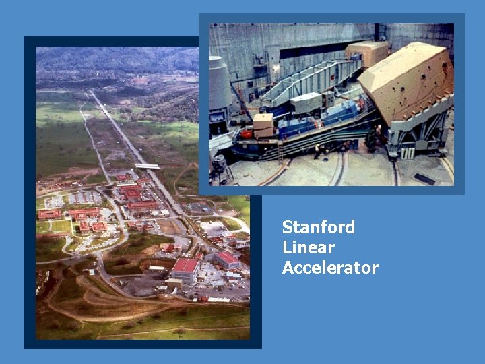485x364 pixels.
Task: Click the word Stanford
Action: coord(318,227)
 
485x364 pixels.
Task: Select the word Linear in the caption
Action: coord(308,247)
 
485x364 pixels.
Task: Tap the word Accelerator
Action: coord(330,268)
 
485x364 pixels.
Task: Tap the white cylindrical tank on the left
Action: coord(218,84)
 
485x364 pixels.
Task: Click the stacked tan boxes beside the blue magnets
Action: coord(263,125)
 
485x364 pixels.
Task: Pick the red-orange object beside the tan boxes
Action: coord(247,133)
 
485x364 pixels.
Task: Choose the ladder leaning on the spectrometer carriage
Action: coord(280,152)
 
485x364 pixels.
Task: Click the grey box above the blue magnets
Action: coord(306,102)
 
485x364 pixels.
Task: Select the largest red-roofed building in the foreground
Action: coord(185,268)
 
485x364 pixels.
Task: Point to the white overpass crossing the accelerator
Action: coord(147,166)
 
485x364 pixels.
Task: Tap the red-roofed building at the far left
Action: coord(49,214)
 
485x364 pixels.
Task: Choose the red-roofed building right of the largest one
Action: coord(227,260)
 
